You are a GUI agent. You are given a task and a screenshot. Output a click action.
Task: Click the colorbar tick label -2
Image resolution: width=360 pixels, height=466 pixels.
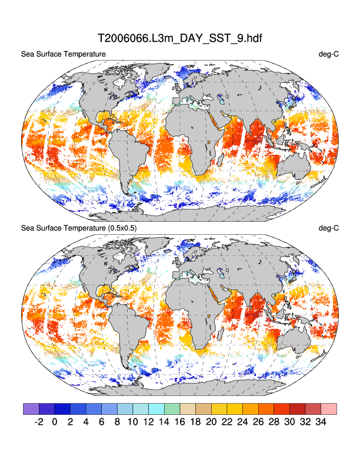[39, 422]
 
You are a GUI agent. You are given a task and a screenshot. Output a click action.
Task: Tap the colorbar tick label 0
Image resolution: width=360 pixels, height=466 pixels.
[55, 422]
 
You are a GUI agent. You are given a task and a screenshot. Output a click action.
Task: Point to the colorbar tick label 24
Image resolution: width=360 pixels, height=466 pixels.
[243, 422]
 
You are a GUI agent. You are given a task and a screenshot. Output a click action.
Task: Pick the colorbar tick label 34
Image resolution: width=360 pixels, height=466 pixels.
[321, 422]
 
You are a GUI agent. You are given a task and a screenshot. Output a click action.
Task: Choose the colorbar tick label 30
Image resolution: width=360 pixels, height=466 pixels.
[289, 422]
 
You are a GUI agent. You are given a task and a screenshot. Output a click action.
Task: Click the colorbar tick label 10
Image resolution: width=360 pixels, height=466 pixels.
[133, 422]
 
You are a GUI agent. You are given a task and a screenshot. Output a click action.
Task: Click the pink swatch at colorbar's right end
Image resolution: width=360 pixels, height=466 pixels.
[329, 408]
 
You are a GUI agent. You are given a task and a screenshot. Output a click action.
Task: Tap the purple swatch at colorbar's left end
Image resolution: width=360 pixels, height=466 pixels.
[31, 408]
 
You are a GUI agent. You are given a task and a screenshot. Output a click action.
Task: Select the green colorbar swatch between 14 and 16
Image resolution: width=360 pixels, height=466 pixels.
[172, 408]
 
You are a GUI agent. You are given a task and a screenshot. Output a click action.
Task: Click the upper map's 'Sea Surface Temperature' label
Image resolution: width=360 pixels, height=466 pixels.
[64, 55]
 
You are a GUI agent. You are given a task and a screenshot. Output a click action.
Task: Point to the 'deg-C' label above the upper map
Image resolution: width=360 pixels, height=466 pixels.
[328, 55]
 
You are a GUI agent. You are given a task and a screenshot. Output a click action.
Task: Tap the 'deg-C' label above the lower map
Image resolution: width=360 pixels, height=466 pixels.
[328, 228]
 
